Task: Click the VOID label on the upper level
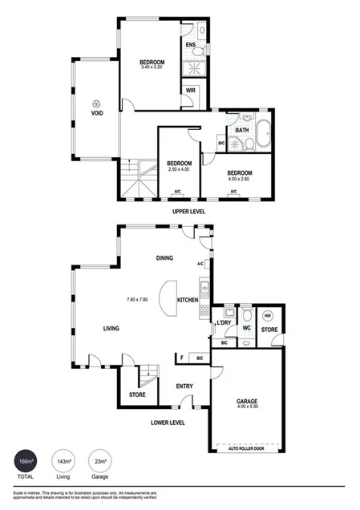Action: pos(96,113)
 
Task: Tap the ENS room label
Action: pos(192,45)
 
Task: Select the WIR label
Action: pos(191,91)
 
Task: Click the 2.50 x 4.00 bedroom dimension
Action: pos(179,169)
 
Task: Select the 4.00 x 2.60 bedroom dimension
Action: pos(240,180)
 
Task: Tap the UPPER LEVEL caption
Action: pos(188,212)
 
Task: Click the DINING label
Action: pos(165,257)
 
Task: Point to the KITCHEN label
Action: pos(188,300)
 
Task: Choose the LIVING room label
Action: pos(112,328)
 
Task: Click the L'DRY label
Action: pos(224,323)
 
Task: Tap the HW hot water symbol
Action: pos(268,314)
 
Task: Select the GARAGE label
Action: pos(247,401)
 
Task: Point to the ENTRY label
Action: pos(184,387)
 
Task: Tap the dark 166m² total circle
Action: pos(26,462)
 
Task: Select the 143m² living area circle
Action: pos(62,462)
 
